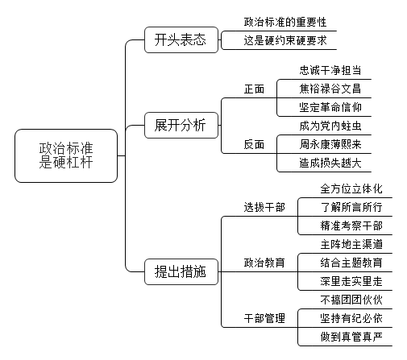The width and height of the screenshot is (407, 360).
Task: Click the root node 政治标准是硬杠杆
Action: tap(66, 155)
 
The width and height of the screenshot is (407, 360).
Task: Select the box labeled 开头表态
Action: tap(181, 39)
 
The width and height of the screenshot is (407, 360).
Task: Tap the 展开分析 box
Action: tap(181, 126)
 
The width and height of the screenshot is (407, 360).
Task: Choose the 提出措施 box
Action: tap(181, 271)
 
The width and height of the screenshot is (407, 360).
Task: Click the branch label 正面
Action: tap(254, 89)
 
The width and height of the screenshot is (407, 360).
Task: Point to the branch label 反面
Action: tap(254, 144)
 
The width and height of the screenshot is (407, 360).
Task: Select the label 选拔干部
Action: tap(264, 207)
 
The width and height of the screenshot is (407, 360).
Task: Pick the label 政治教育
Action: tap(264, 263)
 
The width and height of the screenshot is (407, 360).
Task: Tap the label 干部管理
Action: tap(264, 318)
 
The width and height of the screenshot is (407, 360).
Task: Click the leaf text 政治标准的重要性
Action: tap(285, 22)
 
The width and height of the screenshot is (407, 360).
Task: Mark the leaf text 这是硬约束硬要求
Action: tap(285, 40)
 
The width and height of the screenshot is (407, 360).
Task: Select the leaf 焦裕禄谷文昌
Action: tap(330, 89)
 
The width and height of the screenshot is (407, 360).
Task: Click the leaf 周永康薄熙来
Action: tap(330, 144)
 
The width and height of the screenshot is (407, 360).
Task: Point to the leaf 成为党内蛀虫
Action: tap(330, 126)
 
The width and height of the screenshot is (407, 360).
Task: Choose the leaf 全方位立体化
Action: tap(351, 188)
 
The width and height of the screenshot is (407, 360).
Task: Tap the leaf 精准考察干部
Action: tap(351, 226)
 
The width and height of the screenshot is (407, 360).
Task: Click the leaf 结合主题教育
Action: tap(351, 263)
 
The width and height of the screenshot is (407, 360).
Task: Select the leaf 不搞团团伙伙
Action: tap(351, 300)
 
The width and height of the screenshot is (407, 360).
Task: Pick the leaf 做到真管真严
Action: tap(351, 337)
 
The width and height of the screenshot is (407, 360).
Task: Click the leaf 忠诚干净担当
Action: tap(330, 70)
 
